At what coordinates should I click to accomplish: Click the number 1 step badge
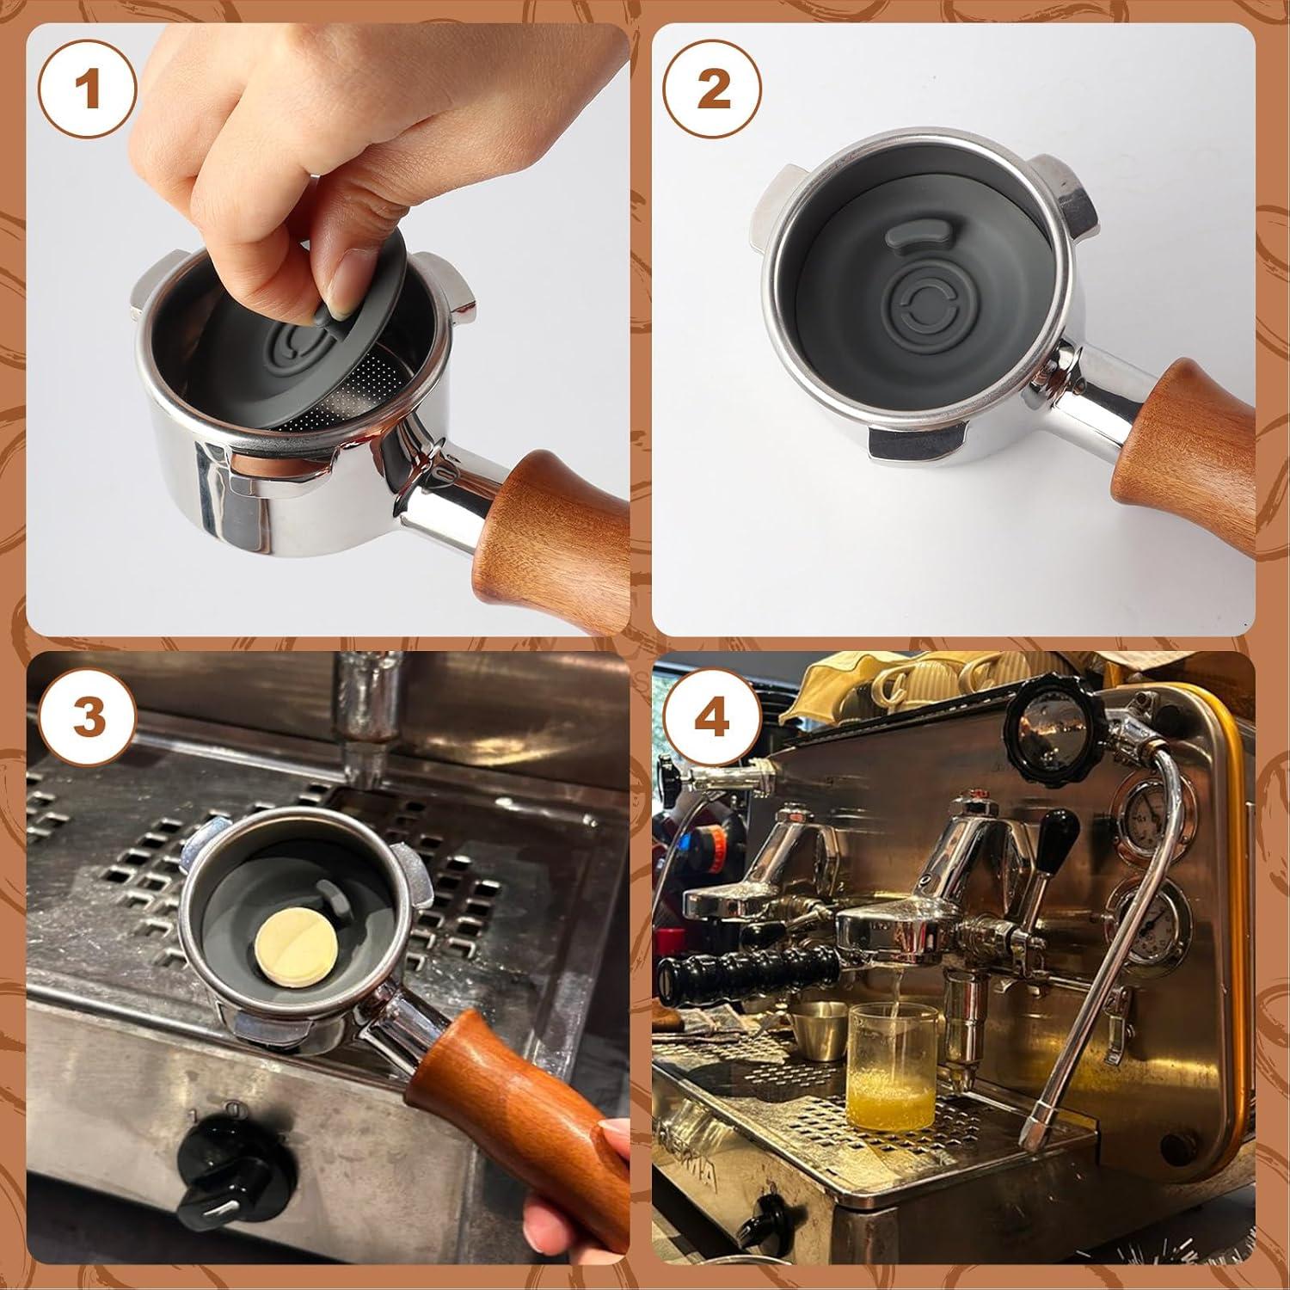(89, 90)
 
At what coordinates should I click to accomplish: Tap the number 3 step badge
(89, 716)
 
